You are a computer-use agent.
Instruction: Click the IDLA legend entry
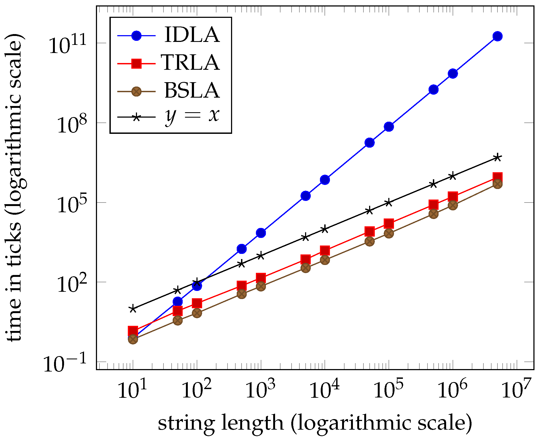(192, 35)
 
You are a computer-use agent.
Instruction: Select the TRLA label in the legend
(191, 63)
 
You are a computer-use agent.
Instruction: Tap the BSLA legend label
(192, 91)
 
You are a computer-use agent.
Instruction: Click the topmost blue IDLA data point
(497, 36)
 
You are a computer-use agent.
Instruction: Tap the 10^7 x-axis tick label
(516, 390)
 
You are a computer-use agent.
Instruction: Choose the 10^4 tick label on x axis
(324, 390)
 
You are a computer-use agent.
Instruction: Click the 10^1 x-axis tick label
(132, 390)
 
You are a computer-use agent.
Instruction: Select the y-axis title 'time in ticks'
(15, 188)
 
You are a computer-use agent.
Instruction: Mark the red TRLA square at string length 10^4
(325, 251)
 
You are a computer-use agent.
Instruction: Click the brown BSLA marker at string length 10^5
(389, 233)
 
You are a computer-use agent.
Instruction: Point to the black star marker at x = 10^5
(389, 203)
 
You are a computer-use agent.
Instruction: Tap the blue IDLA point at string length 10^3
(261, 233)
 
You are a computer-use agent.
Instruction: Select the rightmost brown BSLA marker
(497, 184)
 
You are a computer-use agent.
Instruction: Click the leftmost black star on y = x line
(133, 309)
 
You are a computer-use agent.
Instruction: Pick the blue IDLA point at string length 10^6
(453, 74)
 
